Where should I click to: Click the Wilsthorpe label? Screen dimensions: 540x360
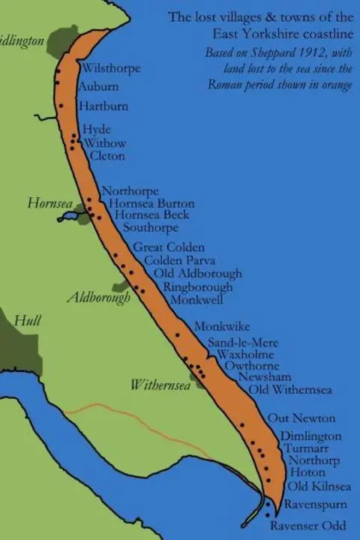tap(112, 68)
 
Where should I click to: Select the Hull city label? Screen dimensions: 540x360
tap(28, 321)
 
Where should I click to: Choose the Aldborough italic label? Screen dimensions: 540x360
tap(98, 297)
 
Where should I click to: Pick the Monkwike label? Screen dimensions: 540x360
tap(222, 327)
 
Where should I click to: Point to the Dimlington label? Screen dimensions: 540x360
tap(311, 436)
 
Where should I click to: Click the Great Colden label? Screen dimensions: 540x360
tap(169, 247)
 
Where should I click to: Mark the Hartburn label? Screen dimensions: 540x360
tap(103, 106)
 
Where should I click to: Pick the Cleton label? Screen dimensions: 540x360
tap(107, 156)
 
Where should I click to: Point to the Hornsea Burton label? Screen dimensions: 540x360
tap(151, 203)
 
